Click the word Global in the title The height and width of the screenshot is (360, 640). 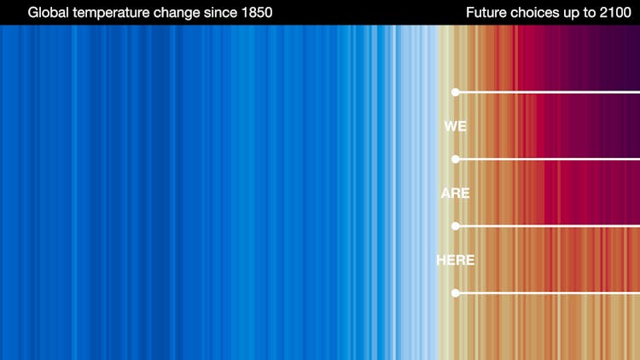pos(48,13)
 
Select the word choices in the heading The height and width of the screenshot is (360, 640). pos(536,13)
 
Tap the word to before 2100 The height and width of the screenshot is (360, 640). pos(587,13)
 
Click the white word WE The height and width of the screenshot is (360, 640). pos(456,126)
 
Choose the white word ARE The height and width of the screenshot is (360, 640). pos(456,194)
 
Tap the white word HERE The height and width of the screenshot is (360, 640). pos(456,260)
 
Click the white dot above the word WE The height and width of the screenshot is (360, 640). pos(456,92)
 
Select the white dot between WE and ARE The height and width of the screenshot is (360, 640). pos(456,160)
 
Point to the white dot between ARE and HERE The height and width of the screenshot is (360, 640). pos(456,226)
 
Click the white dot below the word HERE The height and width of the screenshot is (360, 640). pos(456,293)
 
